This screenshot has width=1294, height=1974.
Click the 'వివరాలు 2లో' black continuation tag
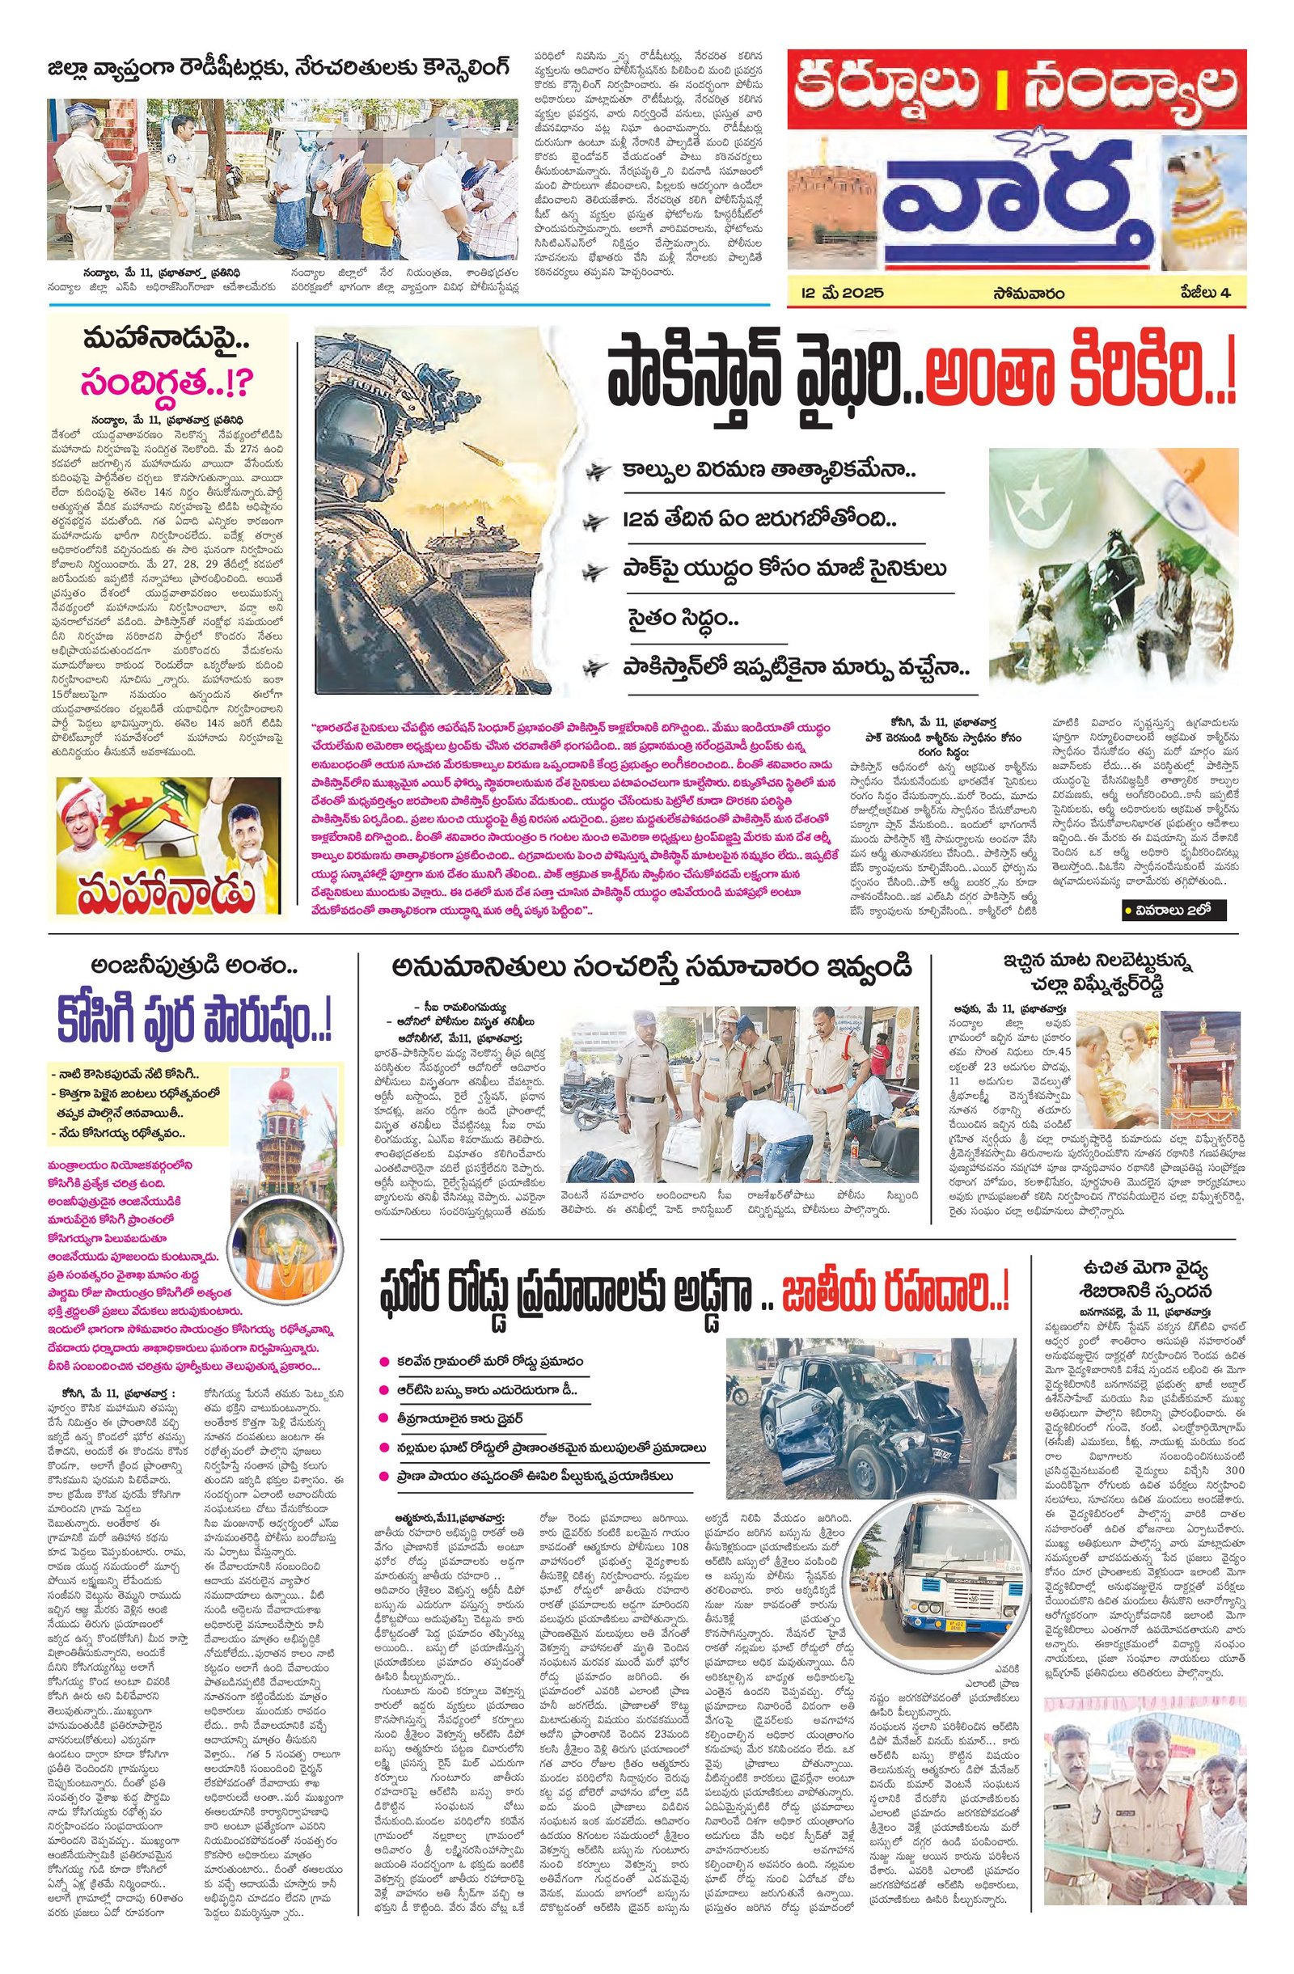(x=1170, y=910)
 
